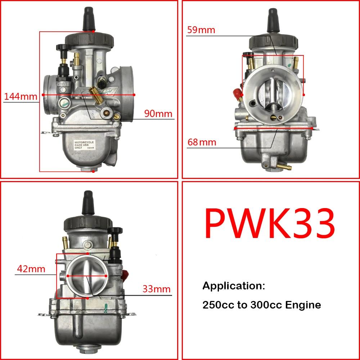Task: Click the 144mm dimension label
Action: point(21,96)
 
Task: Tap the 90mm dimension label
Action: point(158,113)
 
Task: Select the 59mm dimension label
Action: point(201,30)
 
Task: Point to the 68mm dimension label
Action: point(202,142)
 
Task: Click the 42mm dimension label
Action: point(32,269)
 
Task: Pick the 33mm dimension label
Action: point(156,289)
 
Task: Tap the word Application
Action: point(234,286)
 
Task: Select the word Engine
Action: point(303,305)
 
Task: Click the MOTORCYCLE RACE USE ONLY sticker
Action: point(84,145)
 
